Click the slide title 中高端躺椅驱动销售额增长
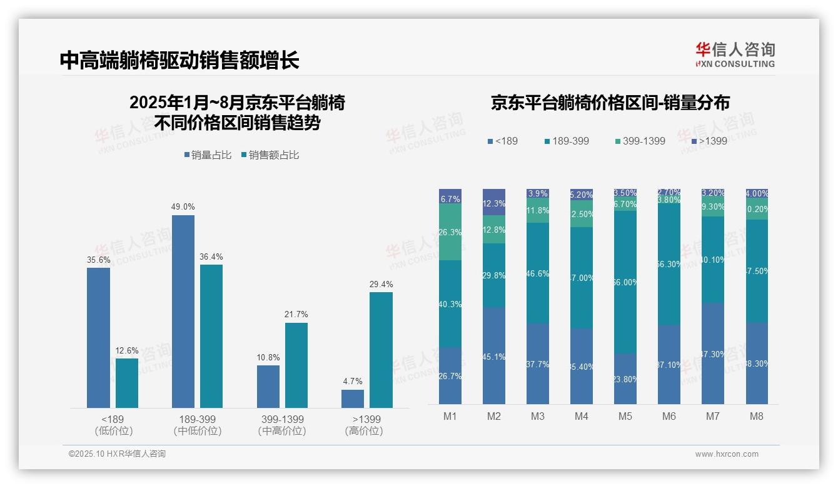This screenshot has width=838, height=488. [179, 60]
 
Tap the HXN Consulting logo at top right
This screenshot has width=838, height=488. [735, 55]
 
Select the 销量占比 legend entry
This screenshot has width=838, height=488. [211, 155]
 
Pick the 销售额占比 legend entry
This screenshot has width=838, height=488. [270, 155]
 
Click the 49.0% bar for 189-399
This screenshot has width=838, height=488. [183, 311]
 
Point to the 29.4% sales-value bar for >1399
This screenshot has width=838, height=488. [381, 350]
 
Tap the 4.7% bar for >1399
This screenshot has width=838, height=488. [353, 399]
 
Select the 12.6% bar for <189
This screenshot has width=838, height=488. [127, 383]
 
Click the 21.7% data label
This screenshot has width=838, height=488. [296, 314]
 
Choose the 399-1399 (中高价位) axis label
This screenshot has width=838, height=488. [281, 425]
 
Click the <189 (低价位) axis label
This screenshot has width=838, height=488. [113, 425]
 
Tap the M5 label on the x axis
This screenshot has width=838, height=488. [625, 416]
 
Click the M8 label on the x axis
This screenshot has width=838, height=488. [757, 416]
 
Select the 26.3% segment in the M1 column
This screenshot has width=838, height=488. [450, 232]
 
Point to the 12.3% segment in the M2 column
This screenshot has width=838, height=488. [494, 203]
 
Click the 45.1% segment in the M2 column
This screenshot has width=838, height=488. [494, 355]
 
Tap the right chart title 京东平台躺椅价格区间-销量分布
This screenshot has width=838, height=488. [610, 103]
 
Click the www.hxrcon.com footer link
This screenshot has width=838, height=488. [727, 454]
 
